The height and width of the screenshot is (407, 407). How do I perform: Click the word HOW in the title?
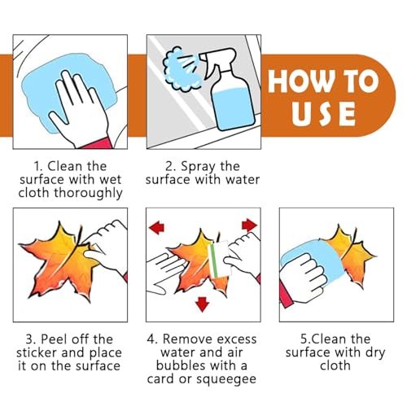click(x=300, y=81)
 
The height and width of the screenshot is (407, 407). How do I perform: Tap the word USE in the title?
click(x=323, y=114)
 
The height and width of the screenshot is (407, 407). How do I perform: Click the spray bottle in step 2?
click(x=230, y=90)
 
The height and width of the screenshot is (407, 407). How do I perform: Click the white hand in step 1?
click(x=80, y=108)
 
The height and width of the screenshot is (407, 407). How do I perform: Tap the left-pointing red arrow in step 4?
click(x=157, y=227)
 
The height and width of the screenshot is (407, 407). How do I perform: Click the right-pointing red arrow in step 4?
click(x=249, y=225)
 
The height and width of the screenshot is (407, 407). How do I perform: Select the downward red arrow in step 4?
click(x=202, y=304)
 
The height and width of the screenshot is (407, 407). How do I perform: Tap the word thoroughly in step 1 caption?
click(x=88, y=194)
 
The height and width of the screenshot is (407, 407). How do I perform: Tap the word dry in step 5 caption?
click(x=375, y=353)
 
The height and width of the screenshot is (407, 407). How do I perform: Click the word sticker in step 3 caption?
click(x=37, y=352)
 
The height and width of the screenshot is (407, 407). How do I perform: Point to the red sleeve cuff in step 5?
click(x=285, y=295)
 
